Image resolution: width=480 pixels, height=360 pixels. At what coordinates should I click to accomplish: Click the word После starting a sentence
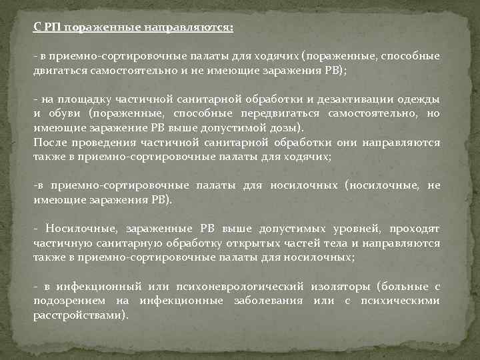click(x=50, y=143)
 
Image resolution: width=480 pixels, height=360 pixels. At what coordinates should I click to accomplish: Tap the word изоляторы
click(x=343, y=287)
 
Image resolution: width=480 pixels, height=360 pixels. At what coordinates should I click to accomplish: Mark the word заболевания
click(x=262, y=300)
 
